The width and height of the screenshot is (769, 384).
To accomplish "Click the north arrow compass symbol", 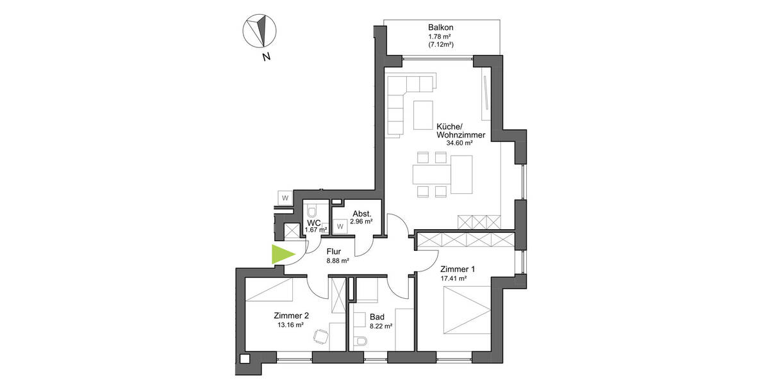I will click(259, 30).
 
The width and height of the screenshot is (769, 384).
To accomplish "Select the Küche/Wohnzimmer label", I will click(459, 131).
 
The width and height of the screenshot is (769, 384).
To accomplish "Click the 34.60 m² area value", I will click(459, 143).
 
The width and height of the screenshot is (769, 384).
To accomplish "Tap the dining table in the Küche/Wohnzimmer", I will click(443, 174).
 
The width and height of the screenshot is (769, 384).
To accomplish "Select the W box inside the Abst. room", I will click(340, 225).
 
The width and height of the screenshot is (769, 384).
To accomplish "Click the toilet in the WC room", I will click(312, 212).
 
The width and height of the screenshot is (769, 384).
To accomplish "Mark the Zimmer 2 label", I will click(291, 315).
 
